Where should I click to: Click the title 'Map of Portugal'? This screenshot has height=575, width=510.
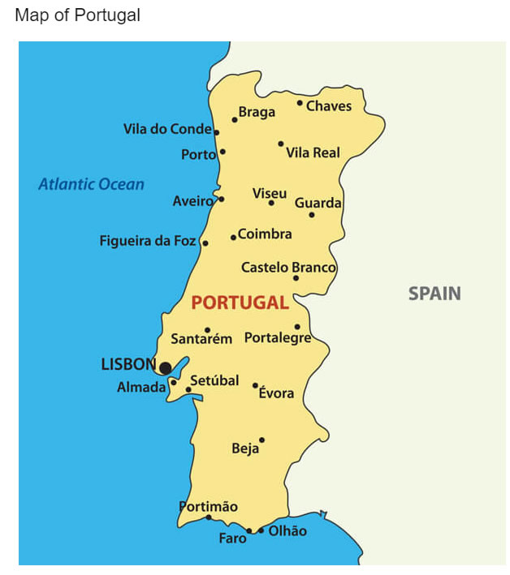point(77,15)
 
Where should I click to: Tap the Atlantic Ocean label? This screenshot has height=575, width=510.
point(91,184)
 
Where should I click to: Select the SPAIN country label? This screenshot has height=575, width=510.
point(434,294)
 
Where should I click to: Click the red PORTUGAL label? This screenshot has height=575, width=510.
point(240,303)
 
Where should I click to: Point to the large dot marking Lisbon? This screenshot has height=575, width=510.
point(166,368)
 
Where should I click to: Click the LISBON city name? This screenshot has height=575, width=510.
point(127,365)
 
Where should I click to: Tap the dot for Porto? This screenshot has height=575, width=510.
point(223,152)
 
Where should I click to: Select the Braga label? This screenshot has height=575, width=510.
point(257,113)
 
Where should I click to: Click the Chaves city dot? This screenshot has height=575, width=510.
point(300,103)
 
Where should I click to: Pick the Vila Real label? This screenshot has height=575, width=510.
point(313,152)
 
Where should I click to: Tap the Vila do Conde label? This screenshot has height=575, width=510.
point(167,129)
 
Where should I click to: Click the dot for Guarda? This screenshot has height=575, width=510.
point(312,215)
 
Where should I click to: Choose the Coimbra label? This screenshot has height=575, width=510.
point(265,234)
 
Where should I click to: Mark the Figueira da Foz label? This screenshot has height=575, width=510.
point(148,241)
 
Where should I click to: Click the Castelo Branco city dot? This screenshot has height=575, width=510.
point(296,278)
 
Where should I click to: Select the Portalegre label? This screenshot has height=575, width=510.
point(278,338)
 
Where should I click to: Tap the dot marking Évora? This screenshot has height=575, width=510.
point(255,386)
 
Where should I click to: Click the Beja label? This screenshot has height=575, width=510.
point(245,448)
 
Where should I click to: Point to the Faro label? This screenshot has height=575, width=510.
point(232,538)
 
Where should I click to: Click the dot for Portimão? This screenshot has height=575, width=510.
point(208,517)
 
